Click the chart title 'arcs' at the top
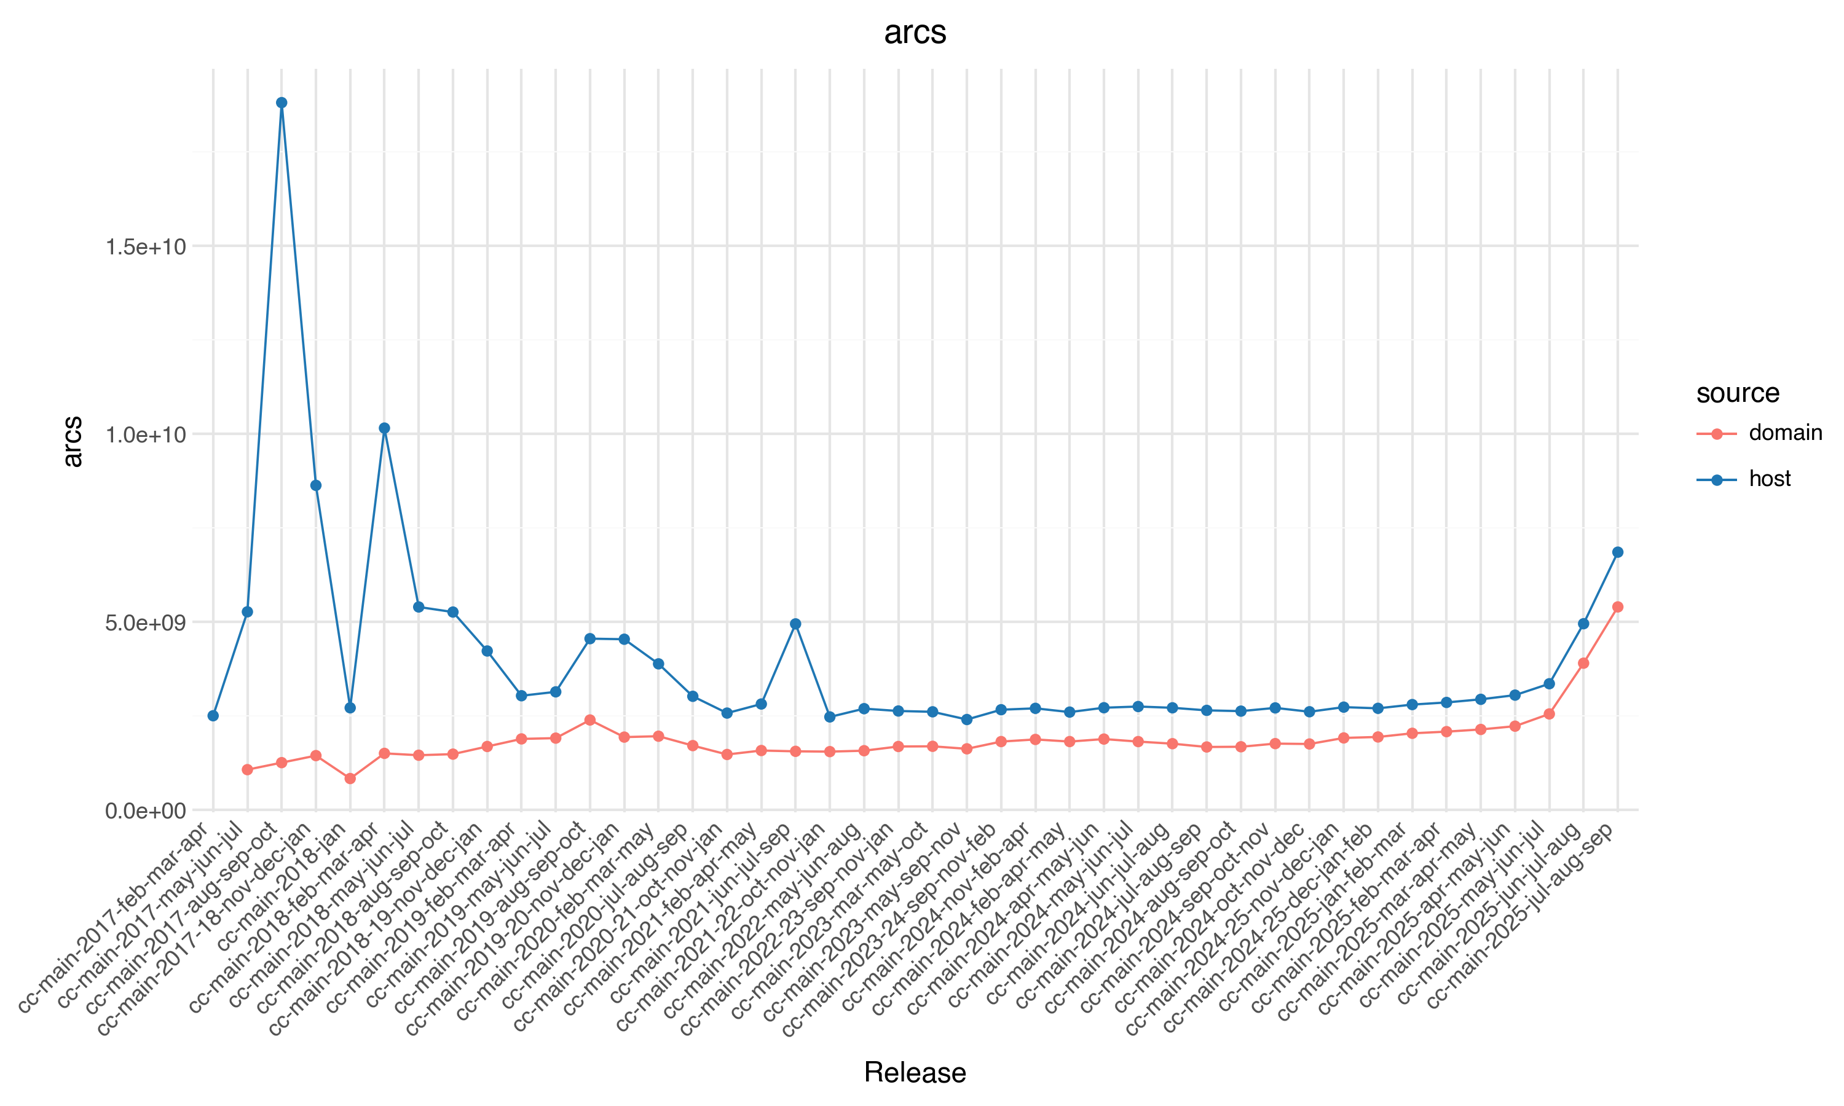pos(915,33)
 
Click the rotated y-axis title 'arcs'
pos(73,442)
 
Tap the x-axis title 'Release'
pos(915,1072)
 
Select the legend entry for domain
pos(1784,433)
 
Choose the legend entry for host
pos(1769,479)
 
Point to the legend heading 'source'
pos(1738,393)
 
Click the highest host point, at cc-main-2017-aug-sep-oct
pos(282,103)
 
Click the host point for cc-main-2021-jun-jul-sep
pos(795,624)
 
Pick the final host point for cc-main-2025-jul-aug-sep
pos(1617,552)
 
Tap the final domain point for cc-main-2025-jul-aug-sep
pos(1617,608)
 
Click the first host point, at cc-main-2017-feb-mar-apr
pos(213,715)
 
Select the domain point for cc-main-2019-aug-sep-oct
pos(590,720)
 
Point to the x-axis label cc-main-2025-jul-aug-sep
pos(1521,917)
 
